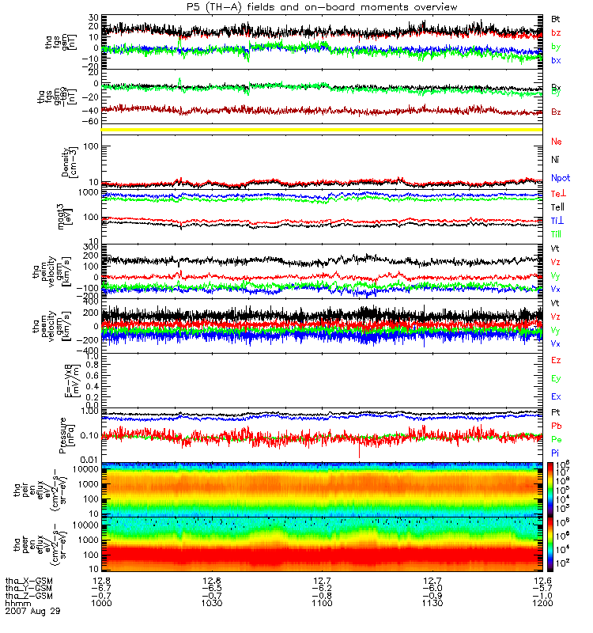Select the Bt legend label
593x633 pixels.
click(x=556, y=18)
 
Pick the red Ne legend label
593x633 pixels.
click(x=557, y=142)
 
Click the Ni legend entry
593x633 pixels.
click(x=556, y=159)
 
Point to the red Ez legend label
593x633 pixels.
click(x=557, y=360)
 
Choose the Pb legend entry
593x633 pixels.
click(x=557, y=426)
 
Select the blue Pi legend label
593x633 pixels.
click(x=556, y=453)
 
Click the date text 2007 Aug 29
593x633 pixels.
click(x=32, y=612)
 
